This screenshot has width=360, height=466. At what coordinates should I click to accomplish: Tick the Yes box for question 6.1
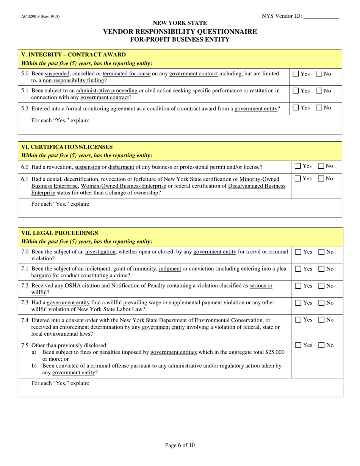298,178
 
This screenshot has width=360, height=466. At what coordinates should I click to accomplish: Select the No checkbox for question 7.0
321,252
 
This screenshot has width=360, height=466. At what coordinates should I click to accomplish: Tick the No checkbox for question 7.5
321,345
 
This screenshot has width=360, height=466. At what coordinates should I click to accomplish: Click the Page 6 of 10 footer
180,446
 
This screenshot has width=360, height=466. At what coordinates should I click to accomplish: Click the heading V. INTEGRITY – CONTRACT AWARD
74,55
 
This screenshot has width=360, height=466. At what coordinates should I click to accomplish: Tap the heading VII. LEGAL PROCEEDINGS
59,233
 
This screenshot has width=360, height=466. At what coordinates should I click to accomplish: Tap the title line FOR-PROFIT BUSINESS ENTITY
180,39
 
